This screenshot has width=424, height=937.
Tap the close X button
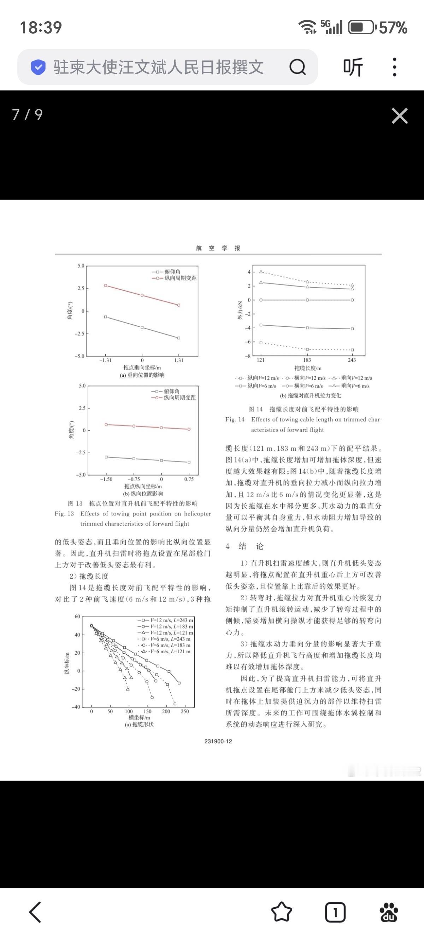click(399, 116)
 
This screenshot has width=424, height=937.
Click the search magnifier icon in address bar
click(297, 67)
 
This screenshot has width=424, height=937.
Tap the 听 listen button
click(353, 67)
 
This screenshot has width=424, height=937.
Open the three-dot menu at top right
click(395, 67)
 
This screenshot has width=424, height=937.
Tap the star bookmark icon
click(282, 912)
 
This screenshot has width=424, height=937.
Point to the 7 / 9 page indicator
click(27, 114)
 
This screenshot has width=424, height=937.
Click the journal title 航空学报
click(218, 248)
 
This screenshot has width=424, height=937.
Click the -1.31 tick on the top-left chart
click(105, 360)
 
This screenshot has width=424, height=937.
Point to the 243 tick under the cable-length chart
click(352, 360)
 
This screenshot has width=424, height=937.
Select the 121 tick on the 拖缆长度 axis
click(260, 360)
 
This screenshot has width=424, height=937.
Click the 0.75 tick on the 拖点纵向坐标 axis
click(189, 479)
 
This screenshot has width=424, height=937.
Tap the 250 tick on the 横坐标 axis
click(185, 712)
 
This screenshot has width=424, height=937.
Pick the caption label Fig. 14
click(235, 419)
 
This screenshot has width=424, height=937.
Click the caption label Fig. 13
click(64, 514)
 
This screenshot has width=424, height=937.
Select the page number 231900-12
click(218, 741)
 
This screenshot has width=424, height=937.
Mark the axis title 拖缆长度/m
click(308, 368)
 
